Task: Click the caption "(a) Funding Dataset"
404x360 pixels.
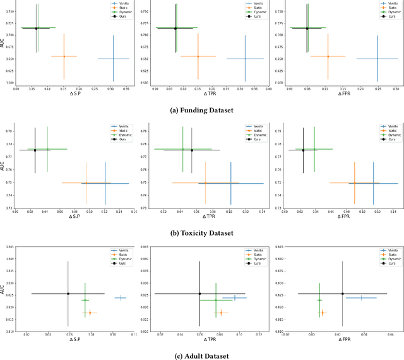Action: pyautogui.click(x=202, y=111)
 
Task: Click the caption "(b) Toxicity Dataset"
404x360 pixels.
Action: pyautogui.click(x=202, y=232)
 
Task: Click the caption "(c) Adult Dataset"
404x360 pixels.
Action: pyautogui.click(x=202, y=355)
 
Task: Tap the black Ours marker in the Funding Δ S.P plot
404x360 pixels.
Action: pyautogui.click(x=36, y=28)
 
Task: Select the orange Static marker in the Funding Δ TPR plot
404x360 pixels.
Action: pyautogui.click(x=198, y=56)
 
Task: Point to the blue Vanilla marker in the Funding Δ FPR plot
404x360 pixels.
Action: pyautogui.click(x=377, y=59)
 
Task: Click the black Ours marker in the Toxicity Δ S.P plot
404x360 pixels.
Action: pyautogui.click(x=35, y=150)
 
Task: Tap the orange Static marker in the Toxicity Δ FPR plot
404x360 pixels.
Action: pyautogui.click(x=354, y=183)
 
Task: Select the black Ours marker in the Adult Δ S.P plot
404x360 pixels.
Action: pyautogui.click(x=68, y=293)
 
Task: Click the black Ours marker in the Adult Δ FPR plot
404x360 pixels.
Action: pyautogui.click(x=343, y=293)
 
